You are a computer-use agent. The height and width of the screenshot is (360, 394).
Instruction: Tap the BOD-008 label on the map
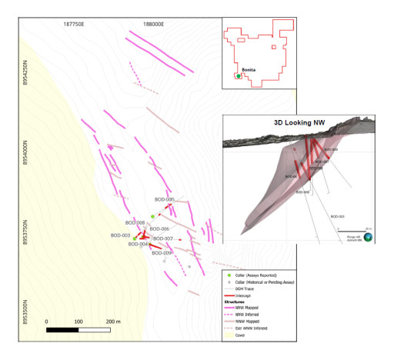[x=135, y=222]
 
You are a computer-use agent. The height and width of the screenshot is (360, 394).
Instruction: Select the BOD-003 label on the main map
[x=121, y=235]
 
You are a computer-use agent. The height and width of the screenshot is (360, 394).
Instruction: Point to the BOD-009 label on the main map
[x=162, y=252]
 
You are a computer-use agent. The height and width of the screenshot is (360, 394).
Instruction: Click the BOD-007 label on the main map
[x=162, y=238]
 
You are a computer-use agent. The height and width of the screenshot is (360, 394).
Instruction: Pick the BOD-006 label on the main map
[x=159, y=228]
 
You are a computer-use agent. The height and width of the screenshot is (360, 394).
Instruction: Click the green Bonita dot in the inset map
[x=239, y=76]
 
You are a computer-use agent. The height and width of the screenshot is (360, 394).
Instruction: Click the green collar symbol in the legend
[x=229, y=274]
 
